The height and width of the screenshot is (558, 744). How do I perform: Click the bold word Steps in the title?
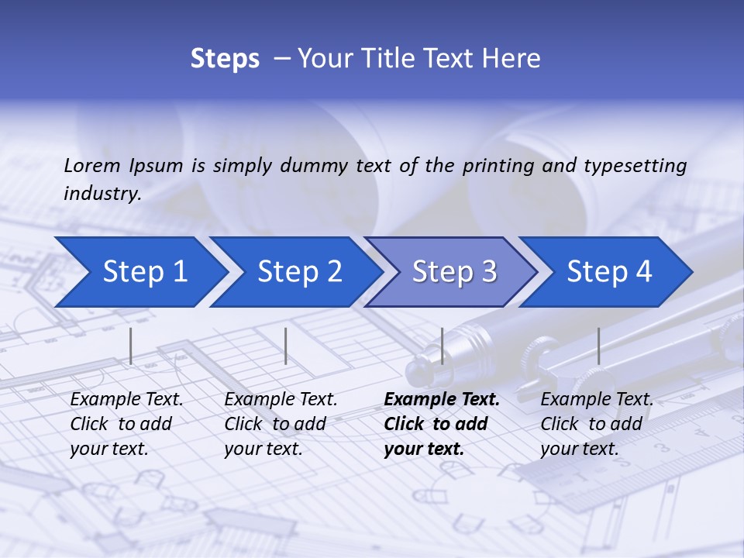point(225,59)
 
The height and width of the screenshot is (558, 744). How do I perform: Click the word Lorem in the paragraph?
point(92,165)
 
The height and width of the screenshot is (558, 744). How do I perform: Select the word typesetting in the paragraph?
point(635,165)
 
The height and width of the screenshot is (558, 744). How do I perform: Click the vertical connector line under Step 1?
point(131,346)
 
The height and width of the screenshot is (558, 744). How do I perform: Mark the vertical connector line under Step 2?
point(286,346)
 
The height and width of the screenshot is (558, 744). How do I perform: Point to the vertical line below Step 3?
point(443,346)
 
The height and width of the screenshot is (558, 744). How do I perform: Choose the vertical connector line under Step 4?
point(598,346)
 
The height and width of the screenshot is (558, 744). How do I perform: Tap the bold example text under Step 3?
point(441,424)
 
